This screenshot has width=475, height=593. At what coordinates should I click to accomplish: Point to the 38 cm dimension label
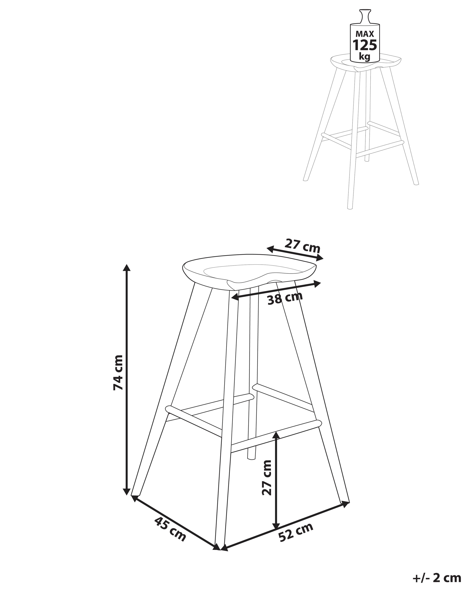tap(285, 298)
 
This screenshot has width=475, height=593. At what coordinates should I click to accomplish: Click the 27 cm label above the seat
tap(302, 245)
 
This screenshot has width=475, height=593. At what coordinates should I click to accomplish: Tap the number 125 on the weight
tap(365, 45)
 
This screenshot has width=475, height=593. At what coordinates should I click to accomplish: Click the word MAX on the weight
tap(365, 34)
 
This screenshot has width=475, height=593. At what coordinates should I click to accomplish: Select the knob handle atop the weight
tap(365, 16)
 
